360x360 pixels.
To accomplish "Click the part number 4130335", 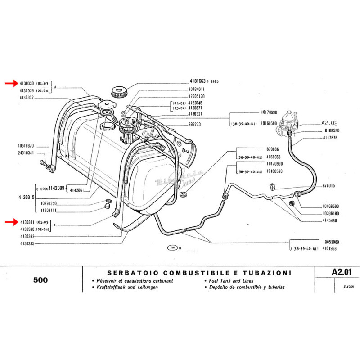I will (x=28, y=243).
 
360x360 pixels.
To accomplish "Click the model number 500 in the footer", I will (x=41, y=279).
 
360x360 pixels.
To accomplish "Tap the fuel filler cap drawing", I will (x=119, y=93).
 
